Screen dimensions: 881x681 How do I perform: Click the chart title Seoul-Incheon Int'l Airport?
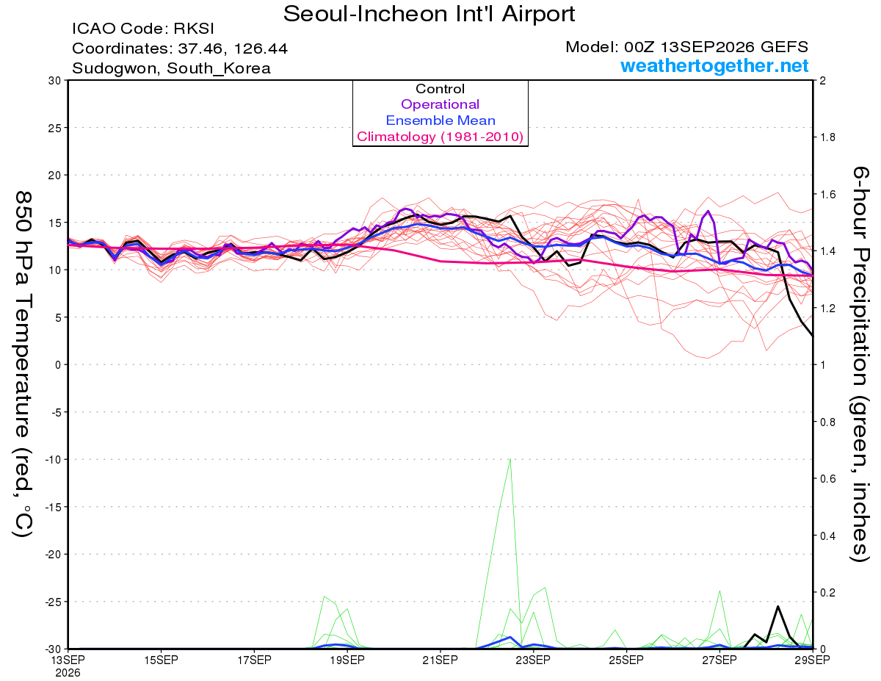pyautogui.click(x=429, y=14)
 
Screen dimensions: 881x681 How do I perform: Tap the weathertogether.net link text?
pyautogui.click(x=714, y=65)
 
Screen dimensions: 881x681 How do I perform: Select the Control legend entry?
pyautogui.click(x=440, y=89)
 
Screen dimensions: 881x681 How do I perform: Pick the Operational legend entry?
pyautogui.click(x=440, y=104)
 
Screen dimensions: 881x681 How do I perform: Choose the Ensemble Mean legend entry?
pyautogui.click(x=440, y=120)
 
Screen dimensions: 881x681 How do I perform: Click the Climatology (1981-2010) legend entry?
pyautogui.click(x=440, y=137)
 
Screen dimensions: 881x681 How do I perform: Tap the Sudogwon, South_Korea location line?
pyautogui.click(x=171, y=68)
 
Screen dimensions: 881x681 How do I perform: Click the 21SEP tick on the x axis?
pyautogui.click(x=440, y=660)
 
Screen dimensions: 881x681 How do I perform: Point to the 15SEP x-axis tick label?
pyautogui.click(x=161, y=660)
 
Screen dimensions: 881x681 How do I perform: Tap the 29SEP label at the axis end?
pyautogui.click(x=812, y=660)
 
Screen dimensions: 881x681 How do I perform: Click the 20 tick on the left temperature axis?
pyautogui.click(x=55, y=176)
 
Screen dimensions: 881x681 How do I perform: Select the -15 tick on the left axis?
pyautogui.click(x=53, y=507)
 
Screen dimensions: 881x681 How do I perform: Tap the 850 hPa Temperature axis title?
pyautogui.click(x=23, y=364)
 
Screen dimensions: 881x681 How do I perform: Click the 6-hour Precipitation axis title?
pyautogui.click(x=859, y=364)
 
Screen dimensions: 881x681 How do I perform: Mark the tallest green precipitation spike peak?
pyautogui.click(x=510, y=458)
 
